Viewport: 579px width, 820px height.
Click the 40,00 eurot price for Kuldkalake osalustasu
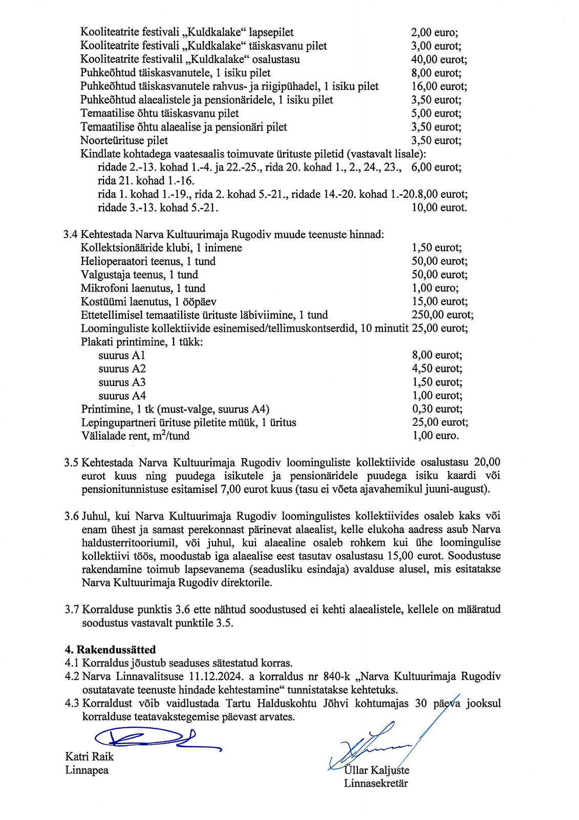click(439, 59)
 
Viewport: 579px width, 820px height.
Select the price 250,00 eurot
click(442, 315)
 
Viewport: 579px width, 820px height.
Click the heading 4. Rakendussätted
click(110, 650)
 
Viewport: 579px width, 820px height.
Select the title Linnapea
click(87, 770)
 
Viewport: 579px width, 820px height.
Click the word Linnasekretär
click(376, 783)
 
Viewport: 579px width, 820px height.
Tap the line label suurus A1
click(122, 355)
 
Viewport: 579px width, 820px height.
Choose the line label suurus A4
click(122, 396)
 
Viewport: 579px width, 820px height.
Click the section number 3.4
click(71, 235)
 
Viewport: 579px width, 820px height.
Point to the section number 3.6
click(72, 516)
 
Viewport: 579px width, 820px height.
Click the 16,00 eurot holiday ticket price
click(439, 87)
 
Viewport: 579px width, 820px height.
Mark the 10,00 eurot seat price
click(439, 208)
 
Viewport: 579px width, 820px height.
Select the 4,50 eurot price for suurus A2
click(437, 368)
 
